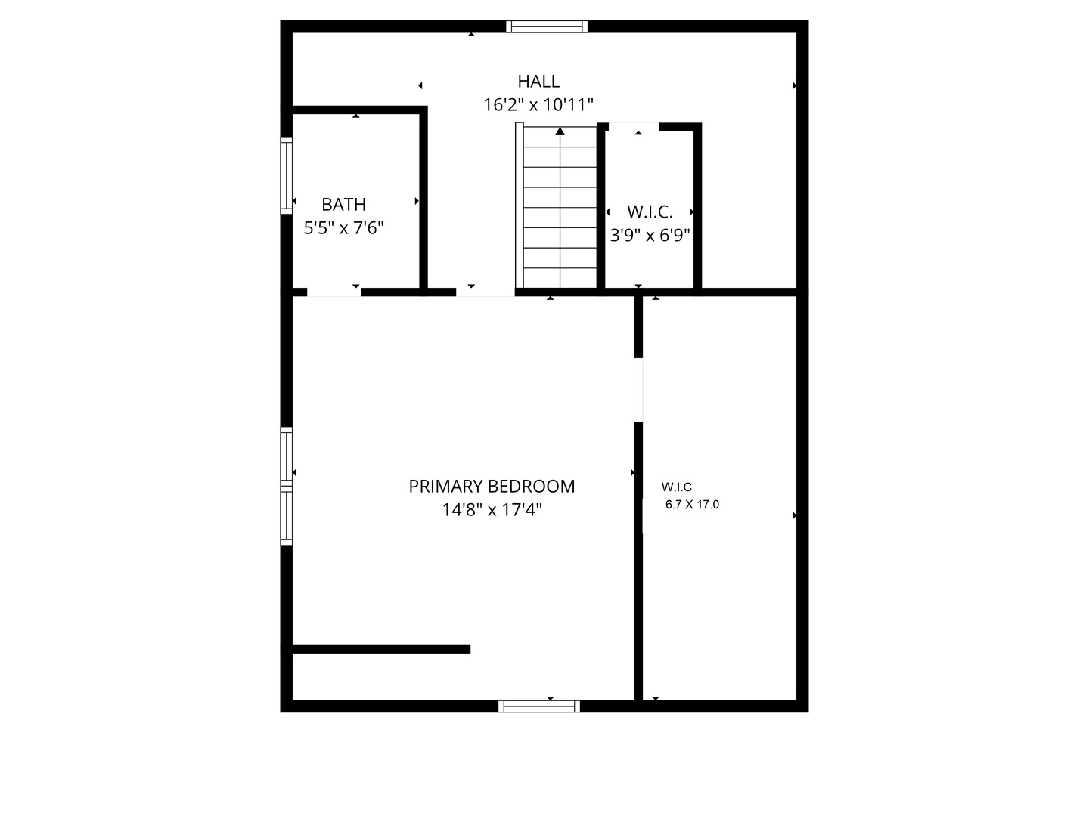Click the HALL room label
point(538,81)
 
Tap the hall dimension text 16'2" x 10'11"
point(538,105)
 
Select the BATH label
point(344,204)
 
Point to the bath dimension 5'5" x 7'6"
point(344,228)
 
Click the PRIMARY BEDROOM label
point(492,486)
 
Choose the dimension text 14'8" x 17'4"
point(492,510)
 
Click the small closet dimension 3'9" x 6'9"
point(650,236)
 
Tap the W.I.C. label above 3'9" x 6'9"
point(650,212)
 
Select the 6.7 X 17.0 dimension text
point(692,505)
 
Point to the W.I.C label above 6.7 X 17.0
point(676,487)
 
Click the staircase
point(560,208)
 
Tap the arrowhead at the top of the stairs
point(560,131)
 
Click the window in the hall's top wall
point(547,26)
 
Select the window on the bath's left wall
point(287,175)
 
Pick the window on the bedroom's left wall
point(287,486)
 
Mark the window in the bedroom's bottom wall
point(539,706)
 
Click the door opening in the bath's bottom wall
point(334,292)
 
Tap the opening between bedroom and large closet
point(639,389)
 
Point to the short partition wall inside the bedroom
point(381,649)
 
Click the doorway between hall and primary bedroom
point(485,292)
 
